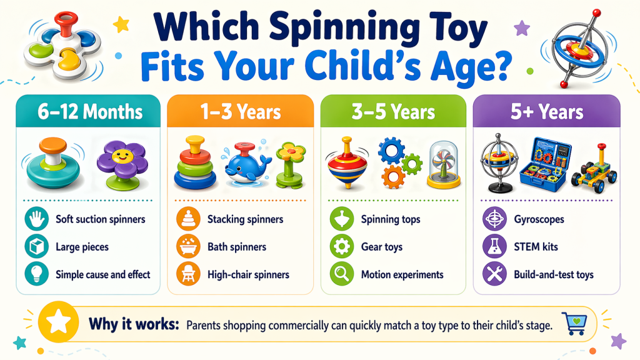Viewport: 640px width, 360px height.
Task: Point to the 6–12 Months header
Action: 88,112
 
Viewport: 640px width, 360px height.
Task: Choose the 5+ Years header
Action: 547,112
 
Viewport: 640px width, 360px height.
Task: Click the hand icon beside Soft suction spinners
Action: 36,219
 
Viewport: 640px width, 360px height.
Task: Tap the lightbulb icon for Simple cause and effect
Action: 36,274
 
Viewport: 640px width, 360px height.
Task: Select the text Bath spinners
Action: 237,247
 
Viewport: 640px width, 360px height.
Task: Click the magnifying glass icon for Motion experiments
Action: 341,274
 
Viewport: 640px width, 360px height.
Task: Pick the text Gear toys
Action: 381,247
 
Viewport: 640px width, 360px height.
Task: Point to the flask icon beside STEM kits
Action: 494,247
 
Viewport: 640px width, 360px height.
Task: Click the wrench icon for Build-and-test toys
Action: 494,274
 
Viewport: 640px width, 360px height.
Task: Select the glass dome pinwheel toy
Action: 444,164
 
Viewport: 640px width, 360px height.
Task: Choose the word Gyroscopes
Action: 538,219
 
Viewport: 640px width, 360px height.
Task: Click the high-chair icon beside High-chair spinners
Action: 188,274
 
